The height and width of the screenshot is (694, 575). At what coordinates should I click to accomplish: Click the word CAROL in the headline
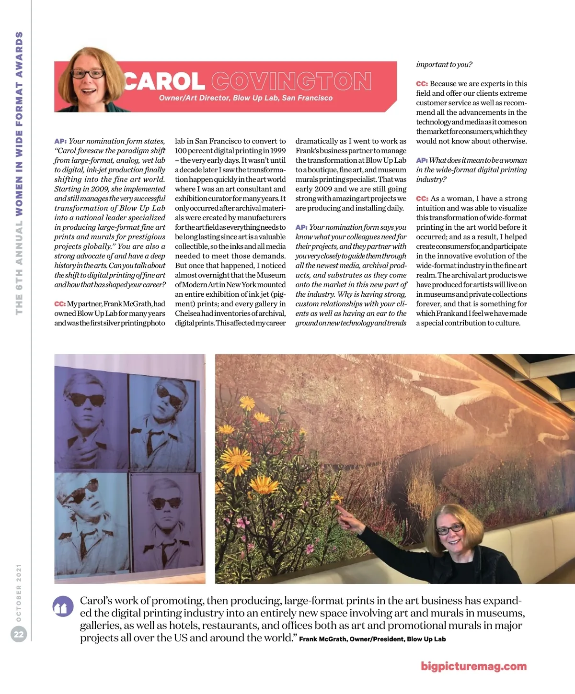pos(165,81)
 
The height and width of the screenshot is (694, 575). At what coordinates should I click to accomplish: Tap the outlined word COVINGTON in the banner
pos(291,81)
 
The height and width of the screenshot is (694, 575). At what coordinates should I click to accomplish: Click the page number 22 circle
pos(19,635)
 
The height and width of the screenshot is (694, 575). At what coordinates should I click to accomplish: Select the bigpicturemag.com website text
pos(473,666)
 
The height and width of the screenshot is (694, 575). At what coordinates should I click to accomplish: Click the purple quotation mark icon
pos(63,607)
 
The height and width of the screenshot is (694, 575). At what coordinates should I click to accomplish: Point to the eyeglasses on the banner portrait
pos(88,74)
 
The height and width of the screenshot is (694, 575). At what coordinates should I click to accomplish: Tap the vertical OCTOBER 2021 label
pos(19,593)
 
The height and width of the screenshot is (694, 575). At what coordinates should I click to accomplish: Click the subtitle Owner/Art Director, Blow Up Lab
pos(245,98)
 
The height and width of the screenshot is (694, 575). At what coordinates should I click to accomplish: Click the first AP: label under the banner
pos(60,141)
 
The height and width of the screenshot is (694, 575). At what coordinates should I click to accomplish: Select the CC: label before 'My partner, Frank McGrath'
pos(60,304)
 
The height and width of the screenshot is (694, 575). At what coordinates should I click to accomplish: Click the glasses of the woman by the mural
pos(449,528)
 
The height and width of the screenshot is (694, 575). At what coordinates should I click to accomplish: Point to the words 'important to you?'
pos(444,65)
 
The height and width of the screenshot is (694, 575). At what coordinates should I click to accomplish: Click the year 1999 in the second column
pos(278,151)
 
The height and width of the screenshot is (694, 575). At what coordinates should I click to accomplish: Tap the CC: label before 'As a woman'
pos(422,199)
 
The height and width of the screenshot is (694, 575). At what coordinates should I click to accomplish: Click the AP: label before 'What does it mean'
pos(422,160)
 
